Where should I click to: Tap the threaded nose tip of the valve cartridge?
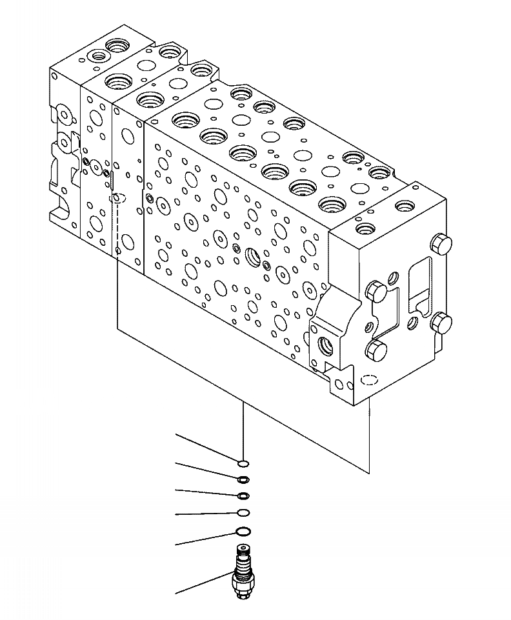point(243,550)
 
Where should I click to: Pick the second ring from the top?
point(243,479)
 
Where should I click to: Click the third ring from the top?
point(243,495)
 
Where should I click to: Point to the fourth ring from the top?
point(243,513)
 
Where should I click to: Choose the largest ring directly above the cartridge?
point(243,532)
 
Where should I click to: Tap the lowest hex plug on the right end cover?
point(376,351)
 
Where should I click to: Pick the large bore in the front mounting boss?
point(325,345)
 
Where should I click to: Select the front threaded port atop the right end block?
point(365,228)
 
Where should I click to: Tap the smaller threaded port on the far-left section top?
point(98,56)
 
